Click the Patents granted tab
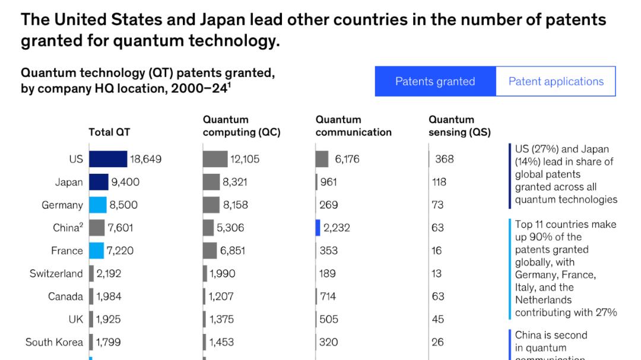(x=435, y=81)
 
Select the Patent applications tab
(x=556, y=81)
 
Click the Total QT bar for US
(x=108, y=159)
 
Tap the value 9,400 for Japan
(x=125, y=182)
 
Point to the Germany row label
(x=62, y=205)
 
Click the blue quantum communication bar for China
(x=318, y=228)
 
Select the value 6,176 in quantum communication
(x=347, y=159)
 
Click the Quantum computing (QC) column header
(x=241, y=126)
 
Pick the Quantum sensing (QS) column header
(x=459, y=126)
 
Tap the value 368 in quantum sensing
(x=444, y=159)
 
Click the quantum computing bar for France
(x=210, y=250)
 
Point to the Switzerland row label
(x=56, y=273)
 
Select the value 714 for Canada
(x=328, y=296)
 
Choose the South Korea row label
(x=54, y=342)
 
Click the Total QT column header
(x=109, y=132)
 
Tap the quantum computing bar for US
(x=215, y=159)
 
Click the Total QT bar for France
(x=96, y=250)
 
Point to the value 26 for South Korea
(x=437, y=342)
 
